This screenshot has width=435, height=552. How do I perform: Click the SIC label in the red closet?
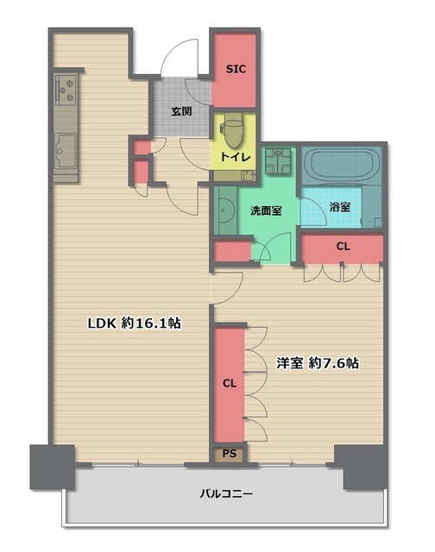236,69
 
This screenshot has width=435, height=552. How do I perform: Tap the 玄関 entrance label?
182,111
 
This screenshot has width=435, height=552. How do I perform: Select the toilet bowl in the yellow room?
233,130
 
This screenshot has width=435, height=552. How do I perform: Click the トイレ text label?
236,157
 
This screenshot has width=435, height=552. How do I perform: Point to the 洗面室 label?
266,210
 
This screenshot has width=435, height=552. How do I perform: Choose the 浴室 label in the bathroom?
340,207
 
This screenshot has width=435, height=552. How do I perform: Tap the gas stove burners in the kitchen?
66,90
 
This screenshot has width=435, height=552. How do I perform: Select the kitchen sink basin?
66,152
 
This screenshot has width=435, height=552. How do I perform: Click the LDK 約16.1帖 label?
135,323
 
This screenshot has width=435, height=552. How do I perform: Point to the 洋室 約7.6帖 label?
318,363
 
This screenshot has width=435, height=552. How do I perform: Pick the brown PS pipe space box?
230,454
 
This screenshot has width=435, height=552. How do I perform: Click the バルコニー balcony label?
226,493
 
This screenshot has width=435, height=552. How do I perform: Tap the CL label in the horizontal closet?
343,247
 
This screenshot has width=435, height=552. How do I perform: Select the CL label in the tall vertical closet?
230,383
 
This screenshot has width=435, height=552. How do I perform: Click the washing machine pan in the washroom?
278,161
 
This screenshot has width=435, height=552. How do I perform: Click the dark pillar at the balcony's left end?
53,467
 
